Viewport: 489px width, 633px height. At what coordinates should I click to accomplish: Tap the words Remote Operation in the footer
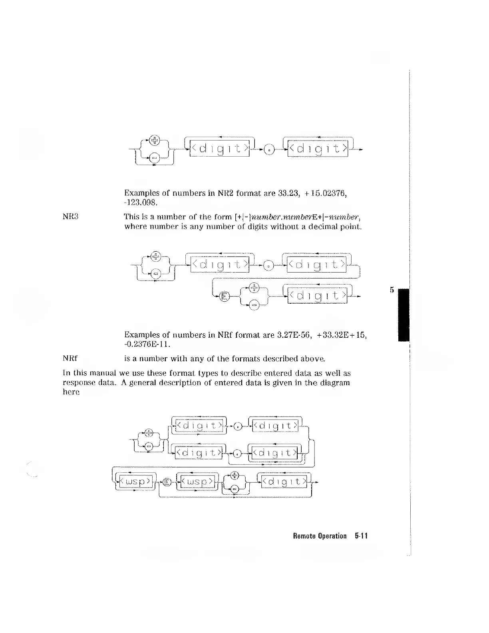(x=319, y=536)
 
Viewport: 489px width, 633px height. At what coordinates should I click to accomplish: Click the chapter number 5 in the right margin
(x=392, y=290)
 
